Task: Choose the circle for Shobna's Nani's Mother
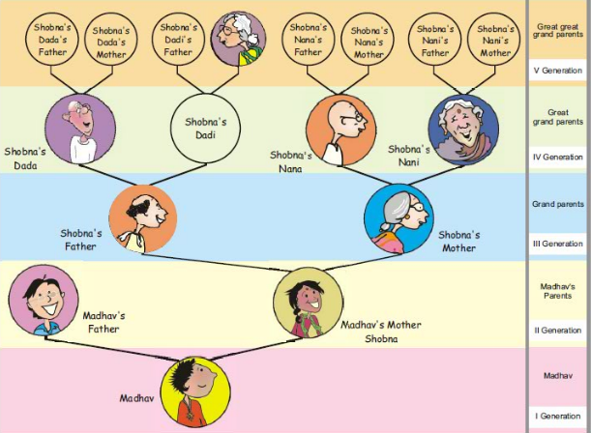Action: (494, 41)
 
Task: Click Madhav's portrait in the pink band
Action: (200, 390)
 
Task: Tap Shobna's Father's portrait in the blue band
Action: (142, 217)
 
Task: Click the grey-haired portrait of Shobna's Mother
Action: (397, 216)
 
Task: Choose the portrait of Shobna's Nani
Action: (463, 130)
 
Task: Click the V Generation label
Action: (557, 71)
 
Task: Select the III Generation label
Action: (557, 244)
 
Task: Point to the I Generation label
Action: (557, 417)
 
